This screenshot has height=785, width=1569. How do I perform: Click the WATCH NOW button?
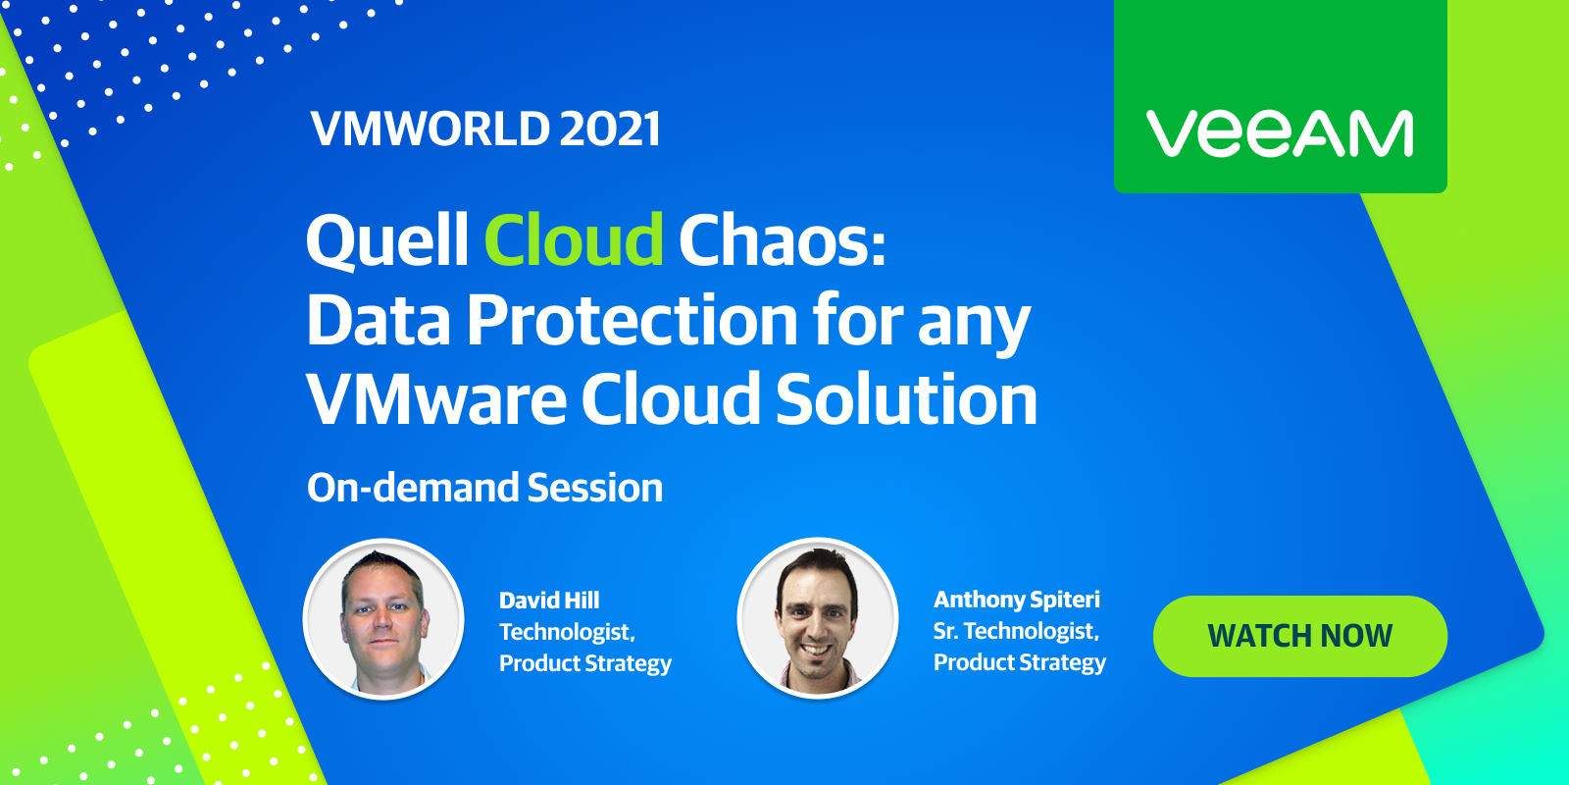[1300, 636]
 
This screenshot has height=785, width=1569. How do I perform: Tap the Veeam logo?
[1279, 133]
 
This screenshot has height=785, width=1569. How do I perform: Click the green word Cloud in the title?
[574, 239]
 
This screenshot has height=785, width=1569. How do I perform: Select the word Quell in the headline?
[386, 240]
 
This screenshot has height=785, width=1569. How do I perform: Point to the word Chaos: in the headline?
[783, 239]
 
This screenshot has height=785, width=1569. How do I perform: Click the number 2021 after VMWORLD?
[610, 129]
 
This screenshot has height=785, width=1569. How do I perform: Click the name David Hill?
[549, 601]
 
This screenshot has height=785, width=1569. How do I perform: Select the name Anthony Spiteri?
[1016, 600]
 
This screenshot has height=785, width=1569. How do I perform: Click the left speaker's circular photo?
[383, 619]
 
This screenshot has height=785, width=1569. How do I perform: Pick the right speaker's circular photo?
[818, 618]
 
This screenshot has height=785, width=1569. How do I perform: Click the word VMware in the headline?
[436, 398]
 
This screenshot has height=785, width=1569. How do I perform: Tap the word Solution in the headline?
[906, 398]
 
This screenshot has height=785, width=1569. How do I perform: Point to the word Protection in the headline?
[632, 320]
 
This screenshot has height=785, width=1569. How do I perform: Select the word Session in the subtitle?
[594, 488]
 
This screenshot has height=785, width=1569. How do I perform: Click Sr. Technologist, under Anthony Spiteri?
[1016, 632]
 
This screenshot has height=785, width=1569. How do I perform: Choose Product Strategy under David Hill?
[584, 663]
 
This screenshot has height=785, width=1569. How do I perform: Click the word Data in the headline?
[379, 320]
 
